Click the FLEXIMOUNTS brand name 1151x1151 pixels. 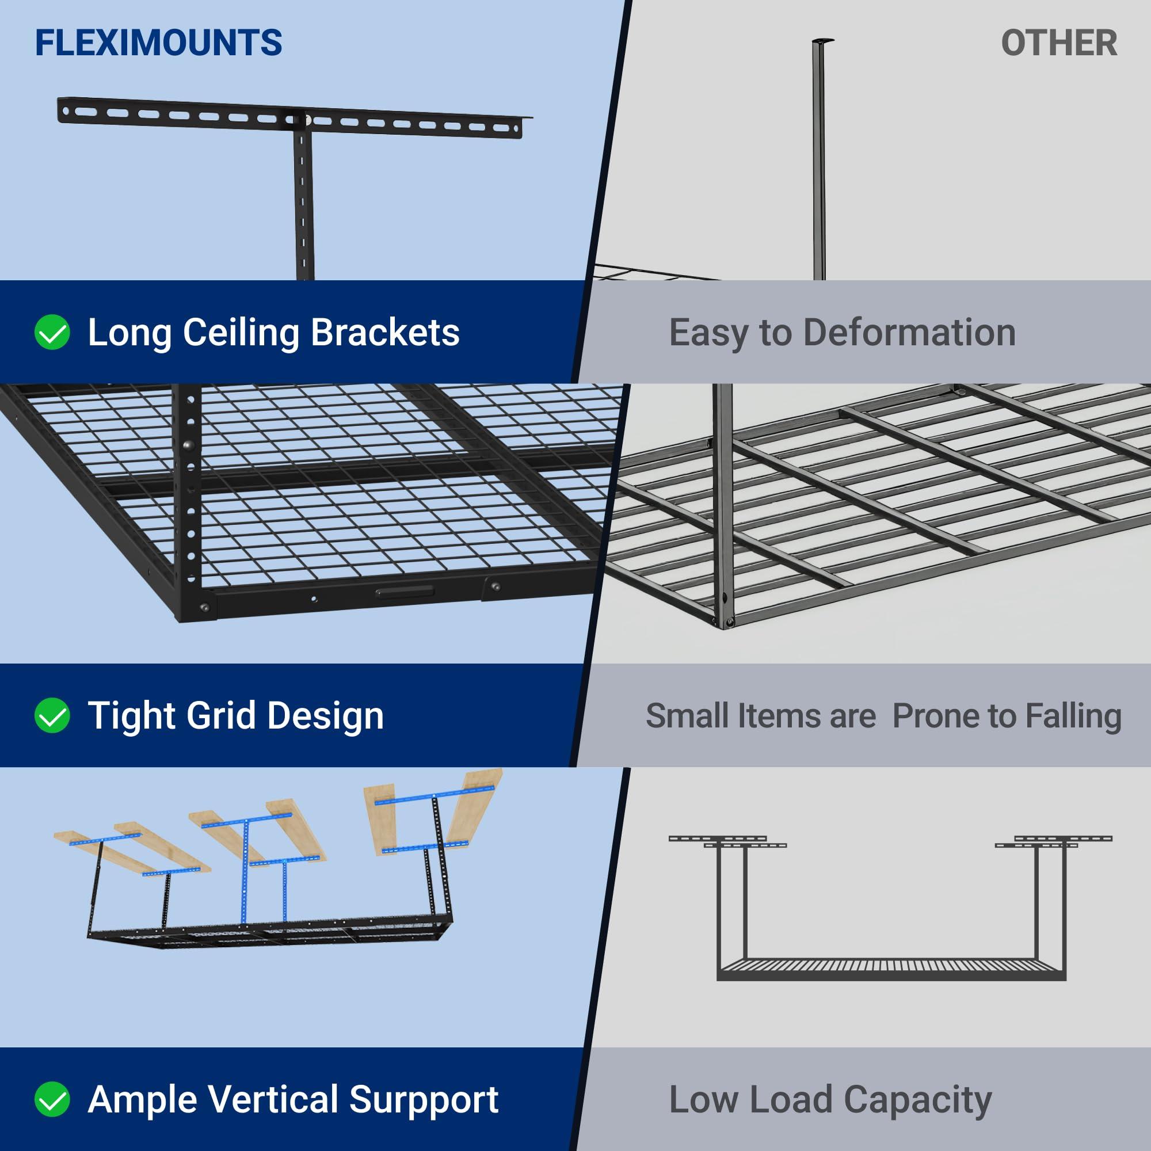[x=158, y=43]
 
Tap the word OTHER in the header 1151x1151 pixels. [x=1059, y=44]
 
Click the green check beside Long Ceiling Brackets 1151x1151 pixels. [x=52, y=332]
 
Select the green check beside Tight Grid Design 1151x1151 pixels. [x=52, y=715]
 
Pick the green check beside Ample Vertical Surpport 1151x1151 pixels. [x=52, y=1099]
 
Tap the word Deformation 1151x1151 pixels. [x=909, y=333]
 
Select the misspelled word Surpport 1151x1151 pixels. [x=424, y=1100]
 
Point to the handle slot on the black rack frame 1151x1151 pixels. [x=405, y=592]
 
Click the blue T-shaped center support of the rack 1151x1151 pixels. [x=246, y=858]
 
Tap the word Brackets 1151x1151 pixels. [x=385, y=333]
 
